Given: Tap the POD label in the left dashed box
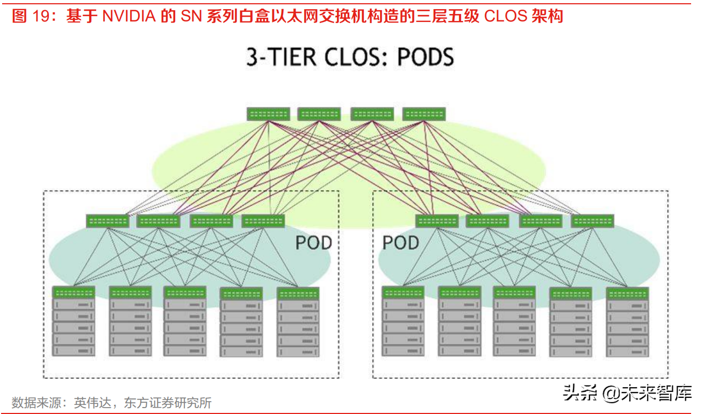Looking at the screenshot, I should click(x=313, y=243).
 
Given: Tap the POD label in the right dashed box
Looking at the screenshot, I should click(x=400, y=243).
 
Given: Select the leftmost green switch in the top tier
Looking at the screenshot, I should click(x=268, y=114).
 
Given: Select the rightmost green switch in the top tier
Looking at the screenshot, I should click(x=424, y=114).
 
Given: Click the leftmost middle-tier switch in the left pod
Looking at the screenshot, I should click(x=107, y=221).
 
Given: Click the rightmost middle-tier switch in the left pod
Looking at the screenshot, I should click(x=263, y=221).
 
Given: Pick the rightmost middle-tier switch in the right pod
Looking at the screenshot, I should click(x=592, y=221).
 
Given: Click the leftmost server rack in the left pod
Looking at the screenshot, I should click(x=74, y=322).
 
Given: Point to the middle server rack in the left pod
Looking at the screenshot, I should click(x=185, y=322).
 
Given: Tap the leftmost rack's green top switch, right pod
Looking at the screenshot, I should click(x=403, y=292).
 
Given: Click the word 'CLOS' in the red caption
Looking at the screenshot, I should click(x=506, y=16).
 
